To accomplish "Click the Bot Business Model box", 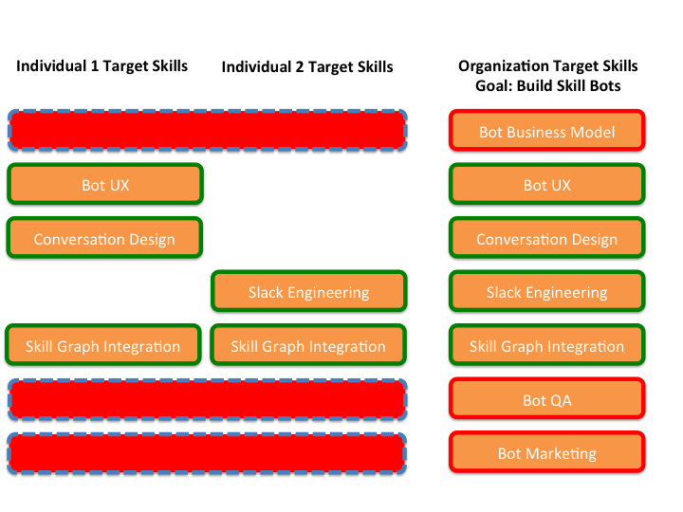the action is [546, 131].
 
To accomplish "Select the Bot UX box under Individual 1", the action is [105, 184].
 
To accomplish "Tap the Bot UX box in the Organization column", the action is [546, 184].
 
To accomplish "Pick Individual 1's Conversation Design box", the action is [104, 238].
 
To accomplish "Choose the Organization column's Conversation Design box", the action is [546, 238].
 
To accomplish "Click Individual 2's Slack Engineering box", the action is [309, 291].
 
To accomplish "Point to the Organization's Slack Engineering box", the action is [546, 291].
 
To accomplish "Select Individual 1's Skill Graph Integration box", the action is [103, 345].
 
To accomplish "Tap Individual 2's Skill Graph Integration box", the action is [308, 345].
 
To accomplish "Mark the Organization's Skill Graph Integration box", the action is [546, 345].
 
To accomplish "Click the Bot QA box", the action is [546, 399].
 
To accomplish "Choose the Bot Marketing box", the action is [546, 452].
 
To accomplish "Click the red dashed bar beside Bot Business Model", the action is [208, 131].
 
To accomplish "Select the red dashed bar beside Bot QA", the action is [208, 400].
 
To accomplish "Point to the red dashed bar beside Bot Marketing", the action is [208, 453].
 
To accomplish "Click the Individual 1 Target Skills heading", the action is [102, 66].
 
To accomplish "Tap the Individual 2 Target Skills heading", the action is [307, 67].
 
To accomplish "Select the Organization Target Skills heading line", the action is [548, 66].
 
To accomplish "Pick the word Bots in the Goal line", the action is [605, 85].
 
